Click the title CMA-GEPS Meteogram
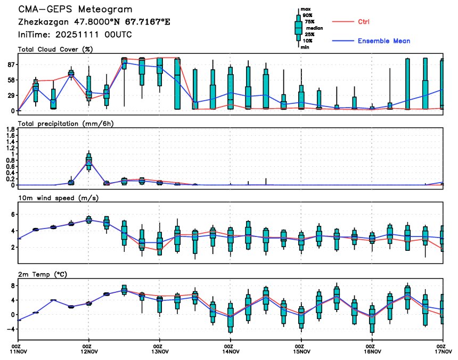click(76, 10)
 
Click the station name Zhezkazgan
click(42, 22)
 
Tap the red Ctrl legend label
click(364, 22)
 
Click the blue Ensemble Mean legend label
click(383, 41)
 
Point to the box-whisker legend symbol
click(299, 28)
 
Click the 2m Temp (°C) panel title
click(46, 274)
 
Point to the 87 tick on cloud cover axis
click(10, 64)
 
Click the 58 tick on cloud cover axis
click(10, 80)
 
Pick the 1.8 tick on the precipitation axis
click(10, 129)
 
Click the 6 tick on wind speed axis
click(12, 214)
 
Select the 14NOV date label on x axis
click(230, 351)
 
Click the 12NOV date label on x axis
click(89, 351)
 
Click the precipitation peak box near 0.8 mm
click(89, 161)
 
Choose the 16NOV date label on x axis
click(372, 351)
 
